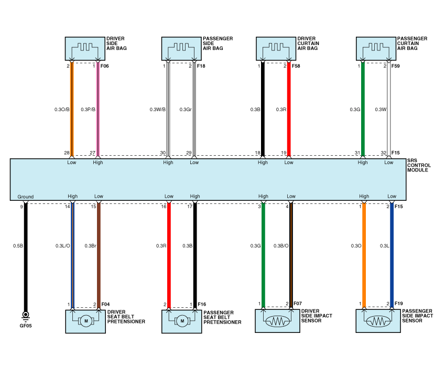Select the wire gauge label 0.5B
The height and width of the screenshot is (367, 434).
click(18, 245)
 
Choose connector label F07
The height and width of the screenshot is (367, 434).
click(297, 304)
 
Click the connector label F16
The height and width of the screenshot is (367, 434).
click(202, 304)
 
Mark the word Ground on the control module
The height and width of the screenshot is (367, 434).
click(25, 197)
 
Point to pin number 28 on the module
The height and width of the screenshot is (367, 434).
click(67, 153)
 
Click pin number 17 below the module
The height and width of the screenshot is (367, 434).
click(190, 207)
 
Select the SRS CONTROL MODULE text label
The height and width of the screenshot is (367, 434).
click(419, 165)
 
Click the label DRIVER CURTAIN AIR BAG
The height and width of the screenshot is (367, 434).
click(308, 43)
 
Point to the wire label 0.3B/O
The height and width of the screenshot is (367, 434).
click(282, 245)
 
